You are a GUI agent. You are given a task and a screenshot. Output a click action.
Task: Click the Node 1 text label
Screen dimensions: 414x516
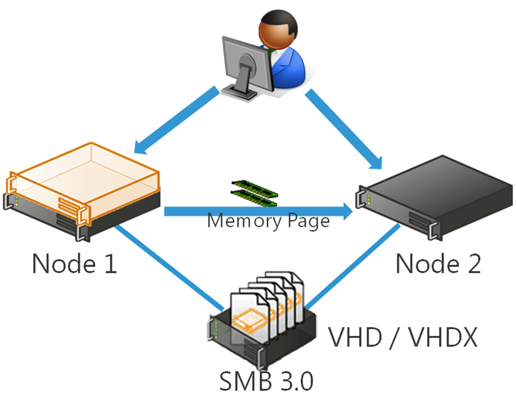(x=74, y=263)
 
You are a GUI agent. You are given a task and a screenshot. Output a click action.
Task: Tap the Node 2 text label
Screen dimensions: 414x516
(x=438, y=263)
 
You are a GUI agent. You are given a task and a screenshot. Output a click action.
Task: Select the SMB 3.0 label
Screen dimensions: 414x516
(x=266, y=381)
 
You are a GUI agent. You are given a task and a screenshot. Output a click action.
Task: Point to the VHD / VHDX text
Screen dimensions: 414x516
(x=402, y=338)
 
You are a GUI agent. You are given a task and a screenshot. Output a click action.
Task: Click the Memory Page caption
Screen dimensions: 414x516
(x=268, y=222)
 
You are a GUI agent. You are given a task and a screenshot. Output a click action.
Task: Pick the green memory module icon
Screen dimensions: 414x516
(x=254, y=192)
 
